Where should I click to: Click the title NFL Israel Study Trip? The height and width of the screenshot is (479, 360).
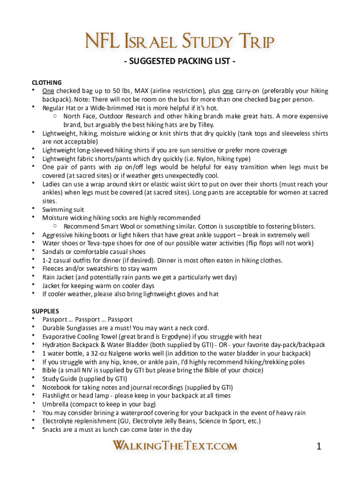click(x=180, y=42)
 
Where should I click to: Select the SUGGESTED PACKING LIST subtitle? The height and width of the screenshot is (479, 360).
click(x=180, y=61)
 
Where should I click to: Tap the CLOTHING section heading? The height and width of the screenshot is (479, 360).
click(x=47, y=82)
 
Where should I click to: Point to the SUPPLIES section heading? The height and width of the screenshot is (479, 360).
click(x=45, y=311)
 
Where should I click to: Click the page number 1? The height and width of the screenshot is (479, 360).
click(x=319, y=447)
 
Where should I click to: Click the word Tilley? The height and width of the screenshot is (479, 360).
click(x=204, y=125)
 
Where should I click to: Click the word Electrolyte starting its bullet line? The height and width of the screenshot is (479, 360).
click(x=58, y=421)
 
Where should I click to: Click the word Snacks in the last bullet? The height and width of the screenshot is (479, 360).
click(x=53, y=429)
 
